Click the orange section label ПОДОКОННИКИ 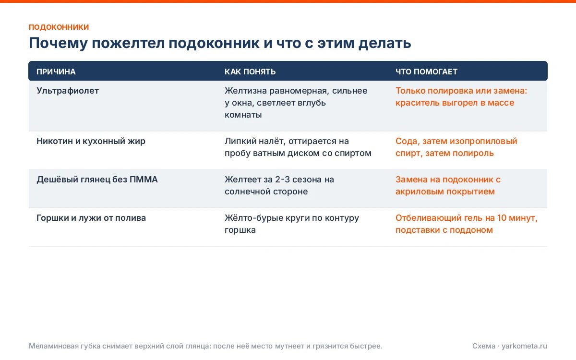click(x=59, y=27)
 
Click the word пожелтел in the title click(x=128, y=43)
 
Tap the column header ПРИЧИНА click(x=56, y=72)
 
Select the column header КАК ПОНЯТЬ click(x=250, y=72)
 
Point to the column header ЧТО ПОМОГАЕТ click(x=426, y=72)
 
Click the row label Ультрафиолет click(x=68, y=91)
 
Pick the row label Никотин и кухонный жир click(x=91, y=141)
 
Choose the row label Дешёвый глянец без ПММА click(x=97, y=180)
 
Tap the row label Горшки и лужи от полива click(x=91, y=218)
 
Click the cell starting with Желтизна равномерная click(x=296, y=103)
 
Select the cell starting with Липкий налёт click(x=298, y=147)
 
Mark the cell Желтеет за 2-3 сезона click(x=279, y=185)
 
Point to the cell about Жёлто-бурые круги click(x=292, y=224)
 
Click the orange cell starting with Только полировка click(x=461, y=96)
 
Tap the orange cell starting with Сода click(x=456, y=147)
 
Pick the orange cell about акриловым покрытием click(x=448, y=185)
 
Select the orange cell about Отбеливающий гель click(x=467, y=224)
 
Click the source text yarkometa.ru click(x=524, y=346)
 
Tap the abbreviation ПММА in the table click(x=144, y=180)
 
